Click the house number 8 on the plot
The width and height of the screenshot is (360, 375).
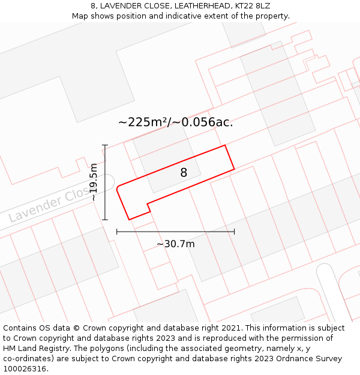click(184, 173)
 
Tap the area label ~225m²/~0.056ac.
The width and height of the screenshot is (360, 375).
click(175, 122)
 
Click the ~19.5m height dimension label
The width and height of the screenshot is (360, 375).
click(94, 182)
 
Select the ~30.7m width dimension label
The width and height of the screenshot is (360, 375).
click(175, 244)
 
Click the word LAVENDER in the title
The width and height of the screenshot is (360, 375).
click(120, 6)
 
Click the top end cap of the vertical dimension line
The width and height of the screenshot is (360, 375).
click(105, 145)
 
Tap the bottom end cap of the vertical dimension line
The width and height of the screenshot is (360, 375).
click(105, 220)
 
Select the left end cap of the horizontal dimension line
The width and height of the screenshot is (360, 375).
click(116, 231)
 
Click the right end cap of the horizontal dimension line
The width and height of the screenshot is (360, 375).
click(234, 231)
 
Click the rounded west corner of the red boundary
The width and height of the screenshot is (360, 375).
click(118, 188)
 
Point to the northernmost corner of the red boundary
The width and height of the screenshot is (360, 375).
click(225, 145)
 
